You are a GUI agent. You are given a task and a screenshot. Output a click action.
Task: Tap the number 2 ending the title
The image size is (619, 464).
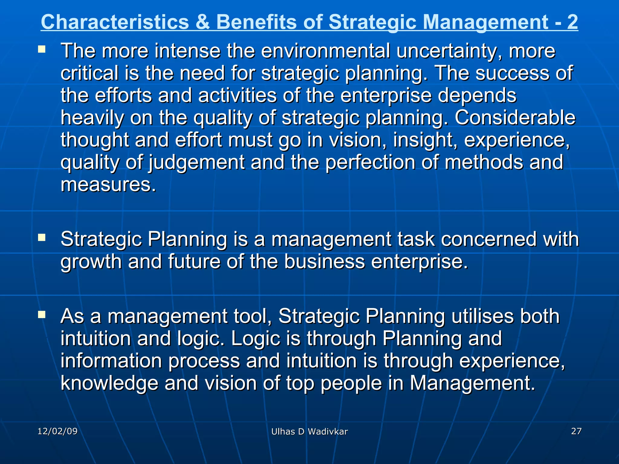[572, 22]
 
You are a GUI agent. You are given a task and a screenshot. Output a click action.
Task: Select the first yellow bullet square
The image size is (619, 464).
[42, 49]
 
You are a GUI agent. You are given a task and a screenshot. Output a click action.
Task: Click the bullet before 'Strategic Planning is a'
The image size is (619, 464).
[42, 238]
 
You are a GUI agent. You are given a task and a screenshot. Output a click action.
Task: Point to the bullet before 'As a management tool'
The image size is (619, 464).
[42, 315]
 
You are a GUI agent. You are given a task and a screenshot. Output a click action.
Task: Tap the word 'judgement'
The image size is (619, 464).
[196, 162]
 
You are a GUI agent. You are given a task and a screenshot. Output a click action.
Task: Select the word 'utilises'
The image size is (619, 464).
[482, 316]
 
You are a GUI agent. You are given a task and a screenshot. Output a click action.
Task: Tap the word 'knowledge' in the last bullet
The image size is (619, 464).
[109, 383]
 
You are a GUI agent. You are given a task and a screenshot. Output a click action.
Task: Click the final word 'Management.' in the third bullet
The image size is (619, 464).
[472, 383]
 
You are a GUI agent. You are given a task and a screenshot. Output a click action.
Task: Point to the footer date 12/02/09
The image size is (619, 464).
[57, 431]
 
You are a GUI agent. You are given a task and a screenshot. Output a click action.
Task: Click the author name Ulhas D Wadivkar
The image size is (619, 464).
[309, 432]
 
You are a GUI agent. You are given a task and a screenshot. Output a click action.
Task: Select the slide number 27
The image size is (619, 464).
[576, 431]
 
